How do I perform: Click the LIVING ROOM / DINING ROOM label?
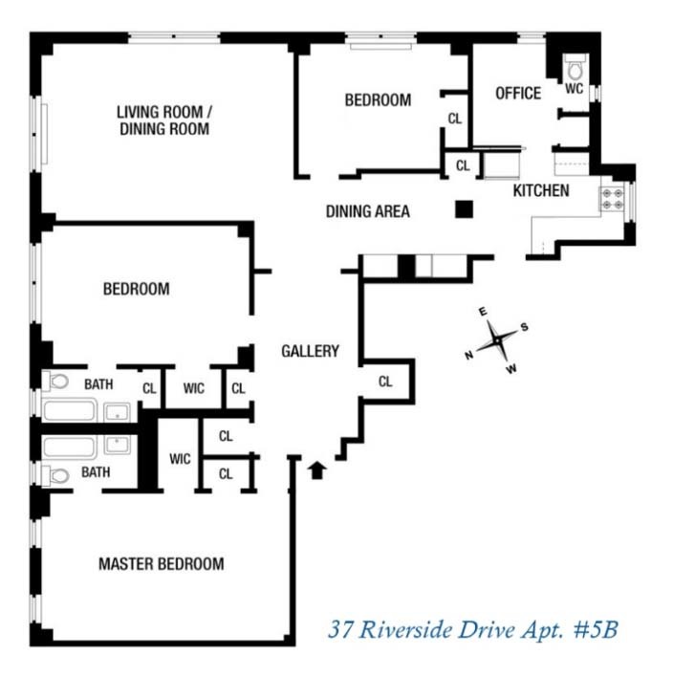pyautogui.click(x=163, y=120)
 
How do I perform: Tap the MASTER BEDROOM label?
pyautogui.click(x=161, y=563)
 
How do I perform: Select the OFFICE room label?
pyautogui.click(x=517, y=93)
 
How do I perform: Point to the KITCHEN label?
pyautogui.click(x=540, y=190)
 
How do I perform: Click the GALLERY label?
pyautogui.click(x=310, y=351)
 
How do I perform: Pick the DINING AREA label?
pyautogui.click(x=367, y=211)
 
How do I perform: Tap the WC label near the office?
pyautogui.click(x=574, y=88)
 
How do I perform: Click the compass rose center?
pyautogui.click(x=498, y=340)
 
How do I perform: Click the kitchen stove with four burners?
pyautogui.click(x=612, y=199)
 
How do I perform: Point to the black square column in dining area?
pyautogui.click(x=464, y=209)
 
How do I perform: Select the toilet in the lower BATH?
pyautogui.click(x=57, y=473)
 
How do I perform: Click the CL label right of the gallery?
pyautogui.click(x=385, y=381)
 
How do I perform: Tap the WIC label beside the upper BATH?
pyautogui.click(x=193, y=388)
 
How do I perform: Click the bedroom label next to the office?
pyautogui.click(x=378, y=99)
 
